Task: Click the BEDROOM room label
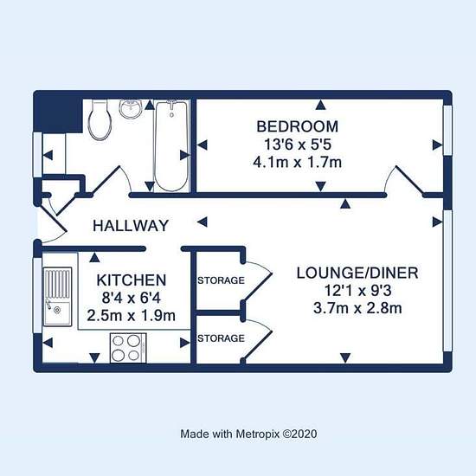[297, 126]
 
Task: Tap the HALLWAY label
[131, 226]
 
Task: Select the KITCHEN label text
[132, 280]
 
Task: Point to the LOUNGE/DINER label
[357, 273]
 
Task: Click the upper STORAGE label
[221, 280]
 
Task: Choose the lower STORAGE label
[221, 338]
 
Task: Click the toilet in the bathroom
[100, 120]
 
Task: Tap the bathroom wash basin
[131, 109]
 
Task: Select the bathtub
[171, 146]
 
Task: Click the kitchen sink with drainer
[58, 297]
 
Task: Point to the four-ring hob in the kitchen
[128, 348]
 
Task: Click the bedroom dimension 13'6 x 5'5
[297, 145]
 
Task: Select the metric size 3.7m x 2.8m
[357, 308]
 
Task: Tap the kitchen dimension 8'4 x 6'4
[132, 298]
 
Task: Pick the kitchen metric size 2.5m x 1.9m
[132, 316]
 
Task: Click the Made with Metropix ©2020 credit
[248, 434]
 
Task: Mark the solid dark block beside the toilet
[59, 115]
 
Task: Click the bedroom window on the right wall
[447, 131]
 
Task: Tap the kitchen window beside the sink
[37, 295]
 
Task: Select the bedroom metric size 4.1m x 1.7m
[297, 163]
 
